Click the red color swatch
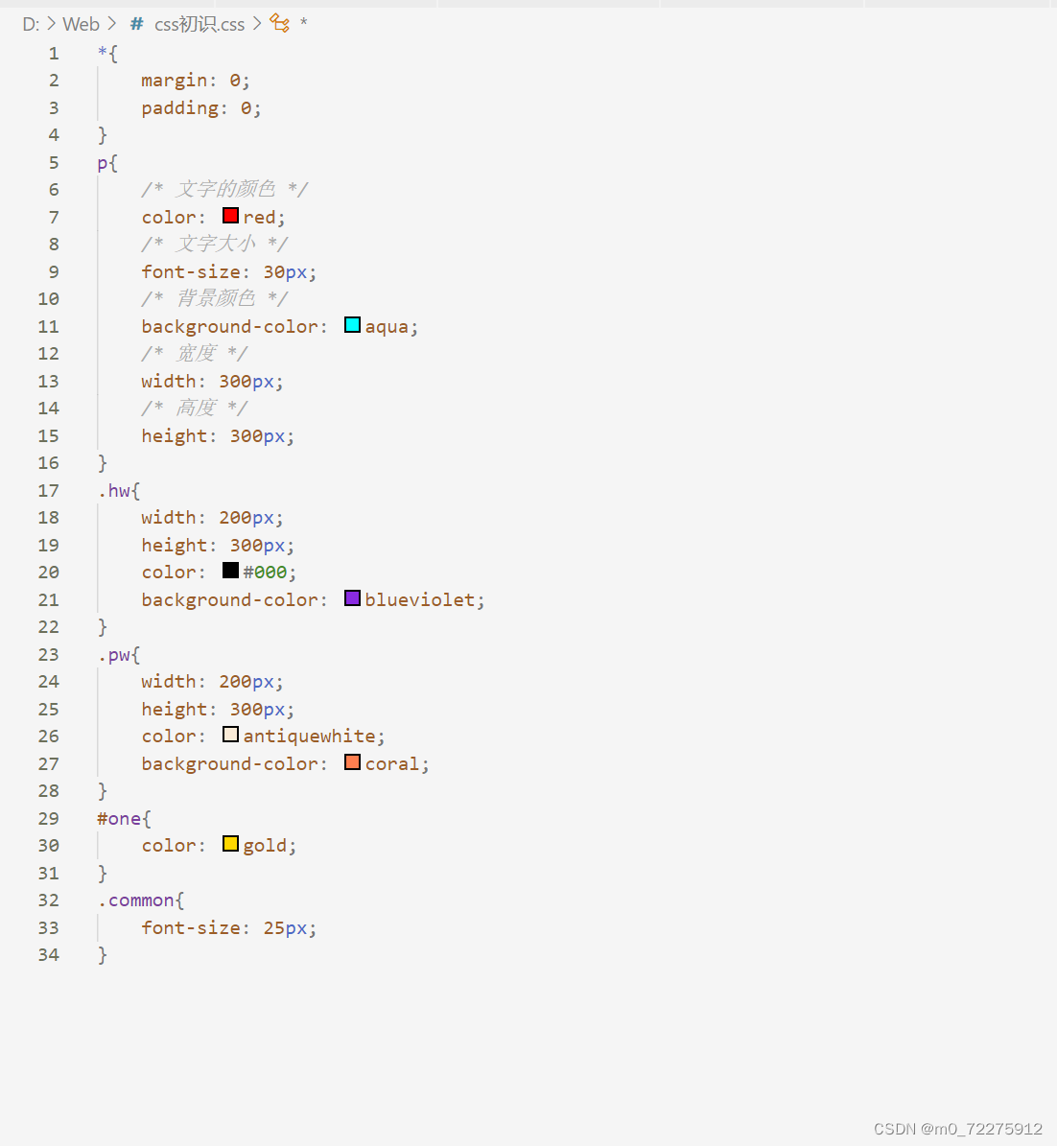pos(230,216)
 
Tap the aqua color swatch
pos(352,325)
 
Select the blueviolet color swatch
pos(352,598)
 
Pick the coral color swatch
pos(352,762)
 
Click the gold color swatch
pos(230,844)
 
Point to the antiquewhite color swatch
pos(230,735)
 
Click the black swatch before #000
pos(230,571)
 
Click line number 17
pos(48,490)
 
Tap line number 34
pos(48,954)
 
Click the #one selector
pos(120,818)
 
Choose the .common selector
pos(136,900)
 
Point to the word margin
pos(174,80)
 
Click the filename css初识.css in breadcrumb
pos(200,24)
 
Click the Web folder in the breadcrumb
pos(82,24)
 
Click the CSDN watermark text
pos(957,1129)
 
